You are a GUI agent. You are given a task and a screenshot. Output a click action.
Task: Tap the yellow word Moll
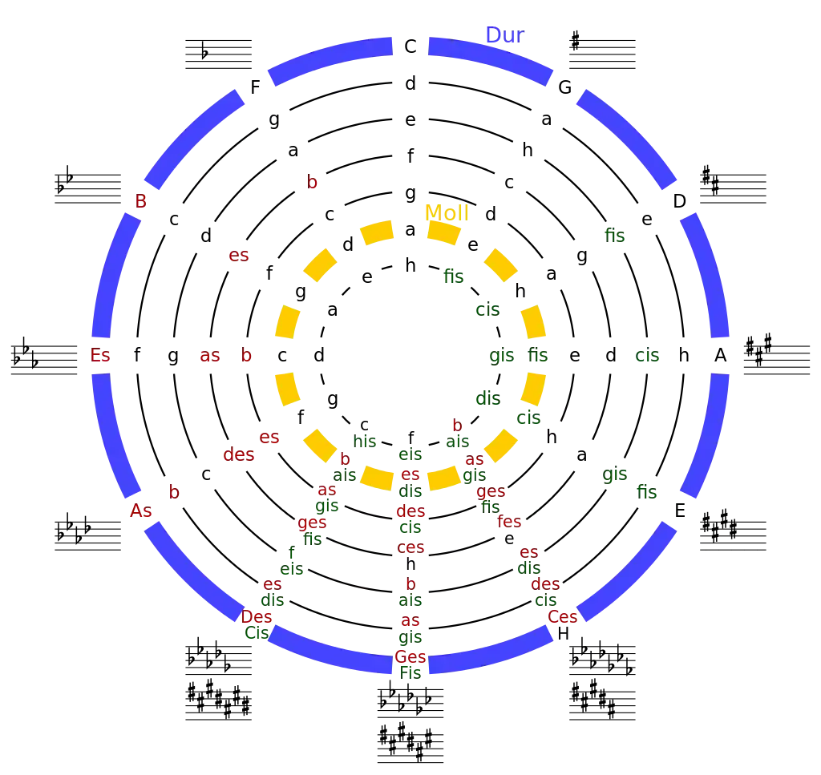[x=445, y=212]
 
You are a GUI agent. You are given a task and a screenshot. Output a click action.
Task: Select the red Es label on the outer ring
[x=101, y=356]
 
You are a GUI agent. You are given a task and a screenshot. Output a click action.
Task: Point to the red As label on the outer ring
[x=141, y=511]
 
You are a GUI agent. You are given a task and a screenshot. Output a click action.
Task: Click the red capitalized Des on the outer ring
[x=257, y=617]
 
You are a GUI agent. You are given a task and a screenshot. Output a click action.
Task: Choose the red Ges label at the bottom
[x=410, y=657]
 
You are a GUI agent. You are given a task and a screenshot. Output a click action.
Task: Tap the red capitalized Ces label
[x=562, y=617]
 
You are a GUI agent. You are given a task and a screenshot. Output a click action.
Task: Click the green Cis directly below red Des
[x=256, y=633]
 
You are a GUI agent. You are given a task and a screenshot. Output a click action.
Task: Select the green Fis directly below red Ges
[x=410, y=673]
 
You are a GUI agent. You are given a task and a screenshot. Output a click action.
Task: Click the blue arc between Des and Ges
[x=329, y=651]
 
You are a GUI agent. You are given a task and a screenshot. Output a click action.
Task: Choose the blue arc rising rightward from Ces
[x=629, y=569]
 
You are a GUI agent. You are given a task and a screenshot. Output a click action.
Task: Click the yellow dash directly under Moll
[x=443, y=232]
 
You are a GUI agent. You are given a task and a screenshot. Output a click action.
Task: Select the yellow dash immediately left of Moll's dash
[x=378, y=232]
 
